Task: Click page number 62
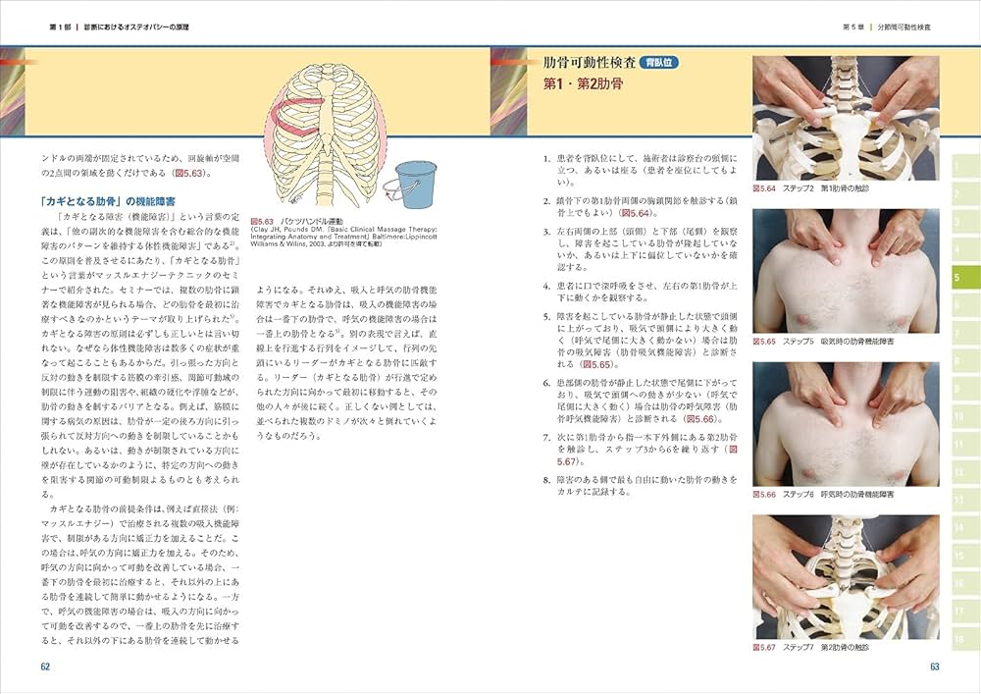pyautogui.click(x=45, y=667)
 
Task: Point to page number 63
pyautogui.click(x=935, y=667)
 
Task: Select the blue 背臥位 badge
pyautogui.click(x=661, y=63)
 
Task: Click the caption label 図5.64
pyautogui.click(x=764, y=187)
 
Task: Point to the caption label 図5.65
pyautogui.click(x=764, y=341)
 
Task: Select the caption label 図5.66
pyautogui.click(x=764, y=495)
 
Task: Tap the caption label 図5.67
pyautogui.click(x=764, y=648)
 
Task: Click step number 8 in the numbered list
pyautogui.click(x=545, y=480)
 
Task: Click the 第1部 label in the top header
pyautogui.click(x=61, y=27)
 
